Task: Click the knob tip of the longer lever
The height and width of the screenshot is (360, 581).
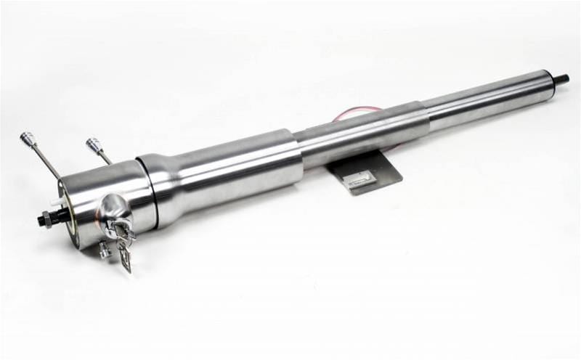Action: pos(28,138)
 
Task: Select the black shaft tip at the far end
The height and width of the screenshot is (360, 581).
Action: pos(561,78)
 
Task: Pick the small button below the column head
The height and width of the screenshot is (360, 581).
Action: pos(104,250)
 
